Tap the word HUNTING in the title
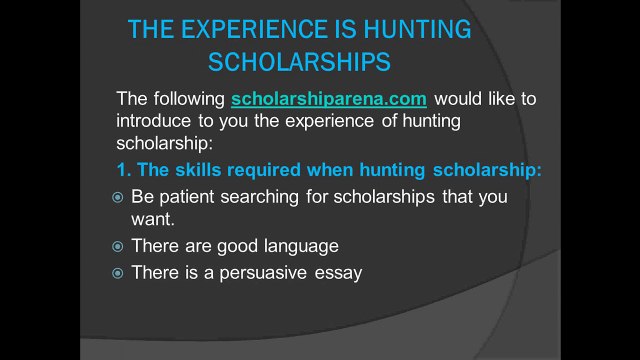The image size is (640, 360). click(x=418, y=30)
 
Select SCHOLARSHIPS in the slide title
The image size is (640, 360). click(x=299, y=62)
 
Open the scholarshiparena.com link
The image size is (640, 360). click(x=329, y=99)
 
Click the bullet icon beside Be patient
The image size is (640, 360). click(x=117, y=198)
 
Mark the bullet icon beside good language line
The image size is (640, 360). click(x=117, y=246)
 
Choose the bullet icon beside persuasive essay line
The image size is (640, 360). click(x=117, y=272)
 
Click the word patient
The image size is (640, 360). click(x=187, y=197)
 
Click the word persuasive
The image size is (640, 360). click(x=267, y=272)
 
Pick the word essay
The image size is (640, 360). click(x=339, y=272)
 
